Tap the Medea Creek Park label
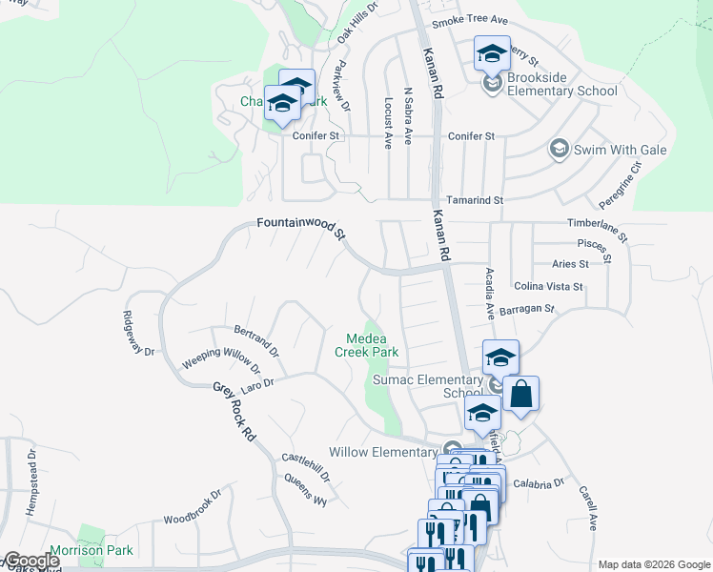(x=366, y=345)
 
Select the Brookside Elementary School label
(x=562, y=85)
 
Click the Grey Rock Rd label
(x=235, y=411)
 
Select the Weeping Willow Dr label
(x=221, y=359)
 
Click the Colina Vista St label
(x=548, y=286)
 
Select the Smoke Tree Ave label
(x=470, y=21)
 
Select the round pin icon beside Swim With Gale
(x=559, y=150)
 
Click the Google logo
(x=31, y=561)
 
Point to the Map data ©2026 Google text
(x=654, y=564)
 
